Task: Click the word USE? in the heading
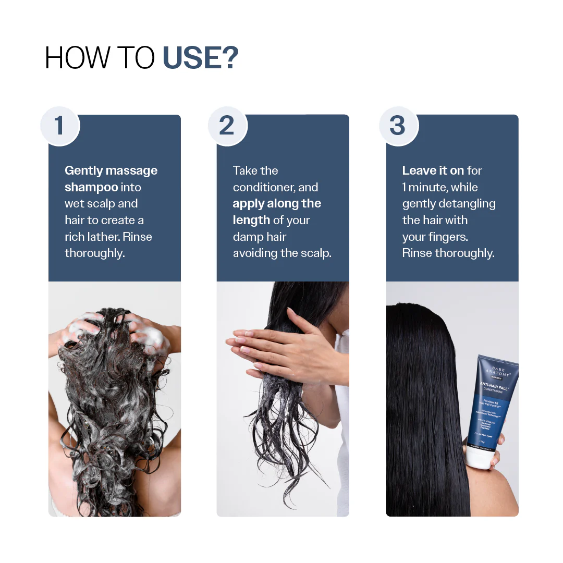201,58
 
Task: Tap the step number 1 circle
59,126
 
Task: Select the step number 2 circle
227,126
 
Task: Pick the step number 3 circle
398,126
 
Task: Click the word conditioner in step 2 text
265,187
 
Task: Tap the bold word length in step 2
251,220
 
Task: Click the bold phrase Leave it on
433,170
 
